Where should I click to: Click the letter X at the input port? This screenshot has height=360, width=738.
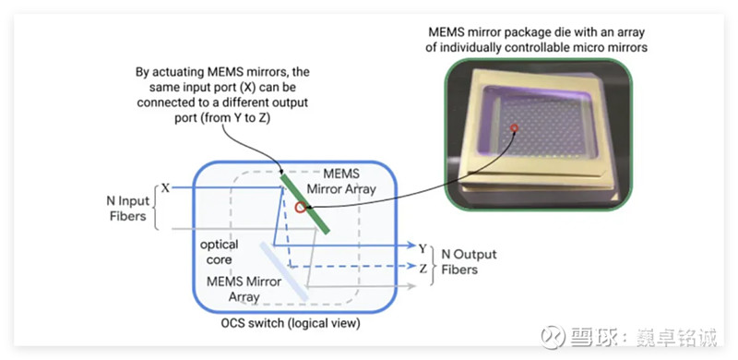(x=165, y=188)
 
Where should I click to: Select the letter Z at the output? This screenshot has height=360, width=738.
(x=423, y=269)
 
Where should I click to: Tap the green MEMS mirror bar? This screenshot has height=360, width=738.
(x=304, y=204)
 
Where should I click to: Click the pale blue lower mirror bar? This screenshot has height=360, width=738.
(x=284, y=271)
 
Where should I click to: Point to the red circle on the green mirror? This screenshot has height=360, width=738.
(x=300, y=208)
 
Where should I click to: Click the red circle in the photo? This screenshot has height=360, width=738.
(x=515, y=127)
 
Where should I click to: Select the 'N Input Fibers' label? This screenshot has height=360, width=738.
(x=127, y=209)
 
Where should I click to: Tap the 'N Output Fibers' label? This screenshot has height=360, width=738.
(x=469, y=262)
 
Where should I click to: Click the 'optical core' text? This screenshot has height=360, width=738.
(x=220, y=252)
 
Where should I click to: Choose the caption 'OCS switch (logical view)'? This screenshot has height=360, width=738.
(x=291, y=324)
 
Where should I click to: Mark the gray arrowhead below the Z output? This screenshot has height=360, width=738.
(x=411, y=285)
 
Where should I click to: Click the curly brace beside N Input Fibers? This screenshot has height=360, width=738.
(x=157, y=208)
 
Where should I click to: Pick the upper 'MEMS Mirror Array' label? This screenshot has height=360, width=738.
(x=341, y=182)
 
